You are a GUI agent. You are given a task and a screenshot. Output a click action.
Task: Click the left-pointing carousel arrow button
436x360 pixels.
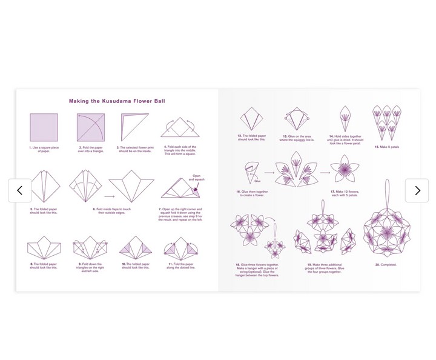click(19, 190)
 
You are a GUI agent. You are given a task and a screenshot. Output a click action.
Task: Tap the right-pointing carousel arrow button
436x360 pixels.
click(417, 190)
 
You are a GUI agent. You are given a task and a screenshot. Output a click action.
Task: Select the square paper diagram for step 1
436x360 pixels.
click(44, 127)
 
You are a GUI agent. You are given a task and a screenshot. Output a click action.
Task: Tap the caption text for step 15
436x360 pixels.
click(386, 147)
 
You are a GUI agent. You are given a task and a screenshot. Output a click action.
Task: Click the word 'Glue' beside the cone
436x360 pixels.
click(257, 181)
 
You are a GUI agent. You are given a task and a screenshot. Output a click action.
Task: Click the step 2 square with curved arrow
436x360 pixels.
click(91, 127)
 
